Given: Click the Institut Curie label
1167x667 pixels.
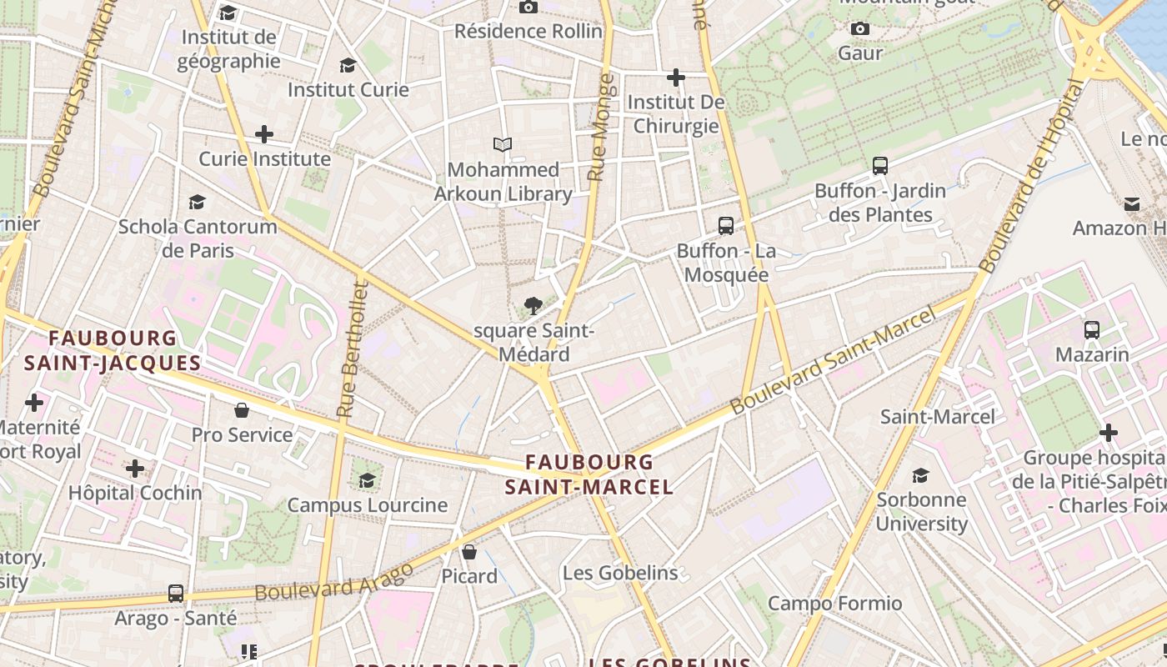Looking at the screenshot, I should click(348, 89).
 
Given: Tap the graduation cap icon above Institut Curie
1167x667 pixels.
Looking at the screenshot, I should click(348, 65).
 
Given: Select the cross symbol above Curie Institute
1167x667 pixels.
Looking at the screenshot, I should click(264, 133).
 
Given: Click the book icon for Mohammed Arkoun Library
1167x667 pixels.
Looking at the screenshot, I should click(502, 145).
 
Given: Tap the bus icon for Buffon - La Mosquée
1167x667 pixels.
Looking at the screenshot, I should click(726, 225).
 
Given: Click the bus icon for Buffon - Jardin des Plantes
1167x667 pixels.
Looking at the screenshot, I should click(880, 165).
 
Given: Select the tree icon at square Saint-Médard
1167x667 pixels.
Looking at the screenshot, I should click(533, 306).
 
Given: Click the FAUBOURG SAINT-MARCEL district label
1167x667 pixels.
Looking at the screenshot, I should click(589, 474).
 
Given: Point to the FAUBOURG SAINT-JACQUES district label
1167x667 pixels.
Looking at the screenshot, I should click(113, 350).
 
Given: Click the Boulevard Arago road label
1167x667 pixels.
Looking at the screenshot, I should click(334, 582).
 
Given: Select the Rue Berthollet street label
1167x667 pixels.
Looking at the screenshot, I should click(353, 349).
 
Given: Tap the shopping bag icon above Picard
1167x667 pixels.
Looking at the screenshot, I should click(469, 551).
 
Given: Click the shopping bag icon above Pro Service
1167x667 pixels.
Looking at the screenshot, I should click(242, 409).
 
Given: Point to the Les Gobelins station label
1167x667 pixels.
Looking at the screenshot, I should click(620, 573).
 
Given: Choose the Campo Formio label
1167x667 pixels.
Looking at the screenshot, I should click(834, 603).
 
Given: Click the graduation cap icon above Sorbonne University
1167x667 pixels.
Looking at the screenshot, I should click(921, 475).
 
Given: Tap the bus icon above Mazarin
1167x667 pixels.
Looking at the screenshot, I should click(1092, 330).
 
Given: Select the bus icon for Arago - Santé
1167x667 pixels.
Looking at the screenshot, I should click(176, 594).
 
